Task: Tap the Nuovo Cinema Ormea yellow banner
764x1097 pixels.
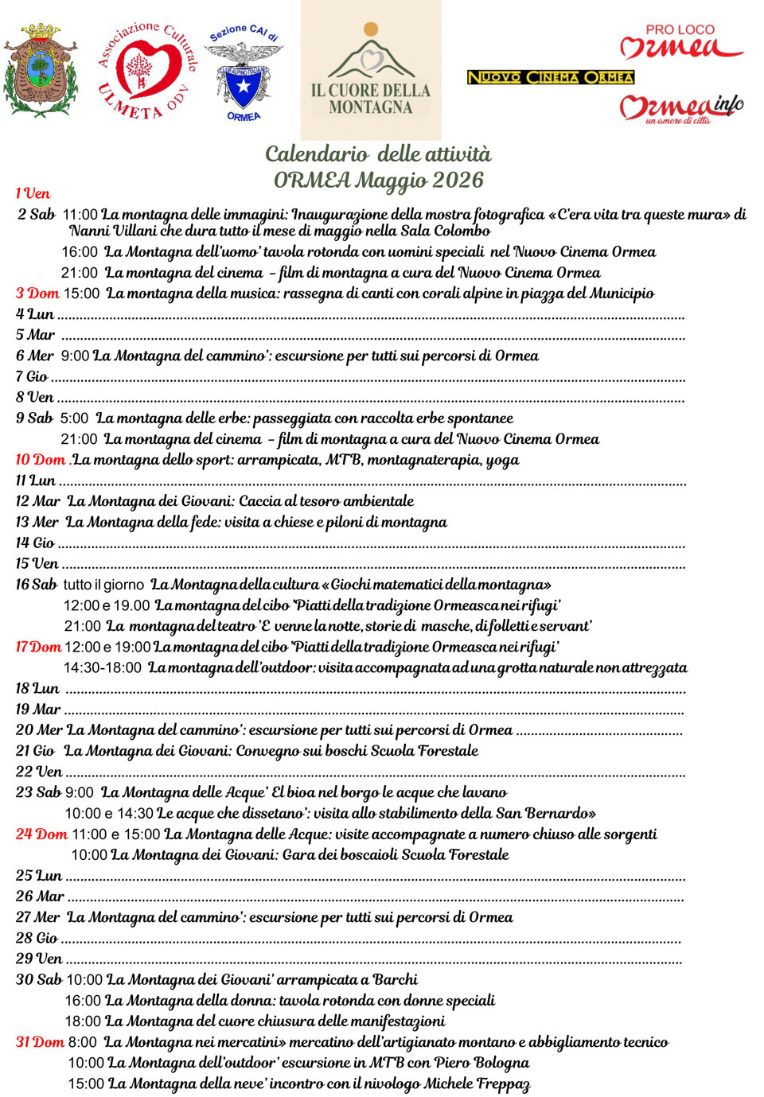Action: click(x=550, y=77)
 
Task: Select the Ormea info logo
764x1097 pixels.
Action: click(x=681, y=108)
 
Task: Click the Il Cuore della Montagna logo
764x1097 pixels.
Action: click(x=371, y=70)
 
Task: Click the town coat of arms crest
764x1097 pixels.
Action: click(x=41, y=70)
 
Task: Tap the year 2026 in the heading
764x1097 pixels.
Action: click(x=458, y=180)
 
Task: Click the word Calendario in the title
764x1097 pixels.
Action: click(x=316, y=154)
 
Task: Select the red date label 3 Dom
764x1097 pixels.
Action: click(x=37, y=294)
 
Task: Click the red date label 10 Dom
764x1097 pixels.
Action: click(x=41, y=460)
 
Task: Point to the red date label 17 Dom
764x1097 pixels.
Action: click(x=38, y=647)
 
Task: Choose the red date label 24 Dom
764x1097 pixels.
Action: click(x=41, y=834)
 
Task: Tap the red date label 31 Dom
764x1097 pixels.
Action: click(x=40, y=1042)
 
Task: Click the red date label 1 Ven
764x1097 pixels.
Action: click(x=33, y=193)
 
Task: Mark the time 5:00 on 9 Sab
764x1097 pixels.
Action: click(x=74, y=418)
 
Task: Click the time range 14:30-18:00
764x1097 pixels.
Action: click(x=103, y=667)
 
